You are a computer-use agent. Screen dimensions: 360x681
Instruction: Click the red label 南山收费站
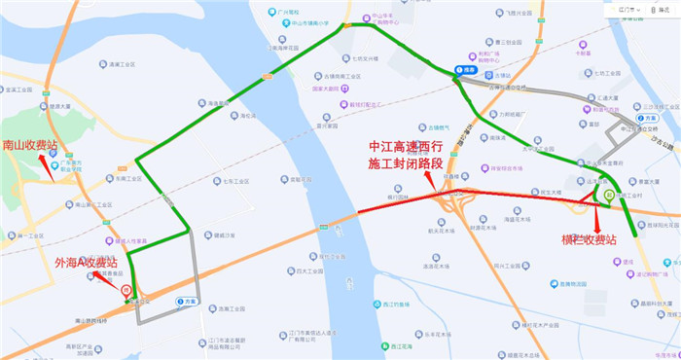(x=30, y=145)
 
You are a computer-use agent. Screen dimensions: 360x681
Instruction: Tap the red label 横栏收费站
(x=589, y=239)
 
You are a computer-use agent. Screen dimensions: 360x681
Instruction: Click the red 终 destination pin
(x=126, y=290)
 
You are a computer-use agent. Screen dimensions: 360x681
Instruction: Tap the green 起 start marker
(x=607, y=196)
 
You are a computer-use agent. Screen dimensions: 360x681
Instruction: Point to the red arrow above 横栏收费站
(x=596, y=216)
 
